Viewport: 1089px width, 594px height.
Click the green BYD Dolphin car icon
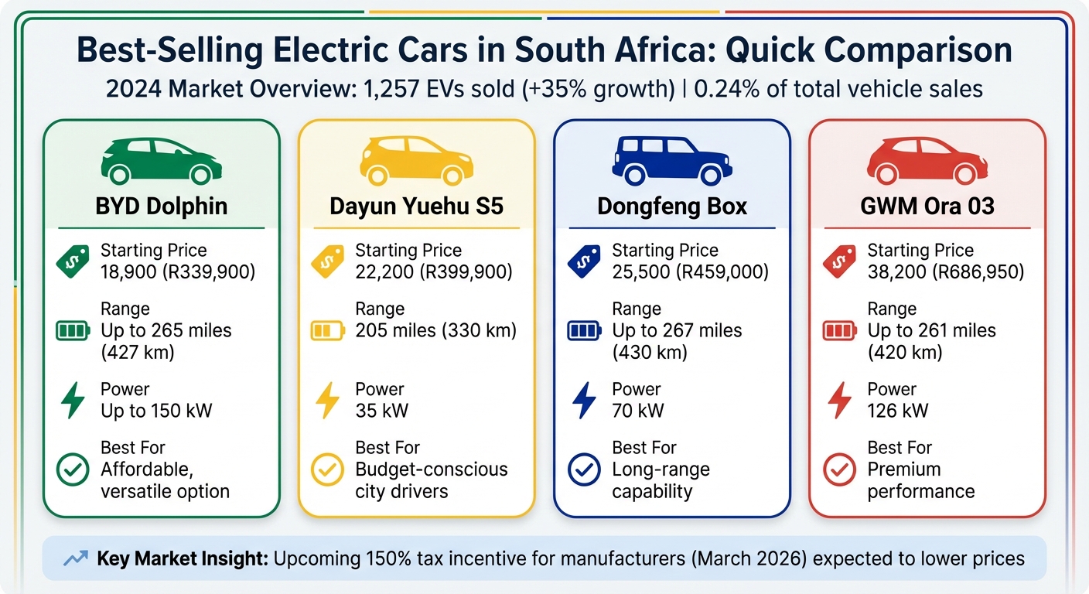click(x=162, y=161)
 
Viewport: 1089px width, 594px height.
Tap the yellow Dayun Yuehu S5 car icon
click(x=416, y=161)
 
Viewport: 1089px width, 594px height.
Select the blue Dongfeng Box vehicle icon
click(x=671, y=161)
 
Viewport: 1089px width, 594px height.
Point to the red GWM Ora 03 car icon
click(x=927, y=161)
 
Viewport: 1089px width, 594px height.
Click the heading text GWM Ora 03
click(x=927, y=207)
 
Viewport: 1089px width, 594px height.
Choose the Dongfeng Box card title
click(x=672, y=207)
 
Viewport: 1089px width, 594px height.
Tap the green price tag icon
click(x=73, y=261)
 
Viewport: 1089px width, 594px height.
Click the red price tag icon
click(x=839, y=261)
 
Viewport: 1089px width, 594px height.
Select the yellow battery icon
click(x=327, y=332)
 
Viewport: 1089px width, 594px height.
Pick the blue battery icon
click(x=584, y=332)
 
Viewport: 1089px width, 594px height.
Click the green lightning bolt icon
click(x=73, y=401)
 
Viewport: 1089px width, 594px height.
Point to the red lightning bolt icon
click(x=839, y=401)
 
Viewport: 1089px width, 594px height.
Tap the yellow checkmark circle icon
click(x=327, y=470)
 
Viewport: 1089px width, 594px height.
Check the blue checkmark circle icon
click(x=584, y=470)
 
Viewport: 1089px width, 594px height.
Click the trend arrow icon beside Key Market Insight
click(x=76, y=558)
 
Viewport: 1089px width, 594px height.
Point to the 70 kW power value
click(x=637, y=411)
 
